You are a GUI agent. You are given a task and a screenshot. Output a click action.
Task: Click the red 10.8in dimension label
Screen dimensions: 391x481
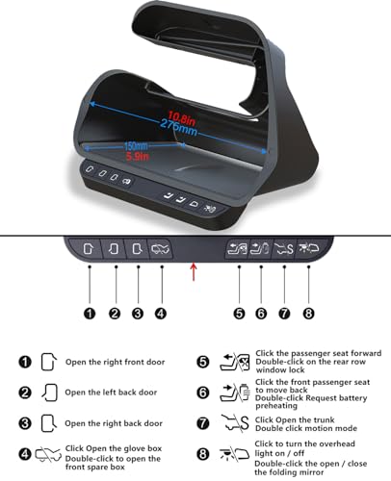[181, 117]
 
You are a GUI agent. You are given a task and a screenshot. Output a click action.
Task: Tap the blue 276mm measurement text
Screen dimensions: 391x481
[178, 127]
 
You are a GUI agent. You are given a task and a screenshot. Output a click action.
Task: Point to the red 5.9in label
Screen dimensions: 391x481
[138, 157]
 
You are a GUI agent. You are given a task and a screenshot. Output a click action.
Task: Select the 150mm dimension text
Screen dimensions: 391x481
[136, 146]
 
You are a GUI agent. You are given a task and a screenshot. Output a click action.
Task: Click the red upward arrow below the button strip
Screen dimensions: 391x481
[194, 271]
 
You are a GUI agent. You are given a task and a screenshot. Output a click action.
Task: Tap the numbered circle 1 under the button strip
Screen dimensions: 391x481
[90, 314]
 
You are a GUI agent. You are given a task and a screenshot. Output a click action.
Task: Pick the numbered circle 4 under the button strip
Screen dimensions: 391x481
[161, 314]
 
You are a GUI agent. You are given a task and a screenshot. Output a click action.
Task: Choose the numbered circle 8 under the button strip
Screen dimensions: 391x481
[308, 314]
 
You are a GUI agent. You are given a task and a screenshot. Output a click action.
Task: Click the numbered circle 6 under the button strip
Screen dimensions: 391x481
[261, 314]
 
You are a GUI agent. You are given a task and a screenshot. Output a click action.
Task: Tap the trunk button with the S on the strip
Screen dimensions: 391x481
[283, 248]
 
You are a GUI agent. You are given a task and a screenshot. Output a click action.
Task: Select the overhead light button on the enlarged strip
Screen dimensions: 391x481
[308, 247]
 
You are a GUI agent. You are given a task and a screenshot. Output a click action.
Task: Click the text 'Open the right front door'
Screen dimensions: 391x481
[115, 362]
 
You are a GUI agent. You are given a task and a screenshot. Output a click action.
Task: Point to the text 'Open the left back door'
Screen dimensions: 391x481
[111, 392]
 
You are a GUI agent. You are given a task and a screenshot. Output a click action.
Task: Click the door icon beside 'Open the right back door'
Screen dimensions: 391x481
[49, 423]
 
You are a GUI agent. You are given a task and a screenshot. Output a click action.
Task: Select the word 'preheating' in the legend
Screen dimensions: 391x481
[276, 406]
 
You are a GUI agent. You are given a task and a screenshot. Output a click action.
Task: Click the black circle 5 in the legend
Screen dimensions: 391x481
[203, 362]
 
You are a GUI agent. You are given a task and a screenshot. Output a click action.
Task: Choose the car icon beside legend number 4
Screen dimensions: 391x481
[48, 454]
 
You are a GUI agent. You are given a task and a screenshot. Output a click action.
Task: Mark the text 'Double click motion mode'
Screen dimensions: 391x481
[306, 428]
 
